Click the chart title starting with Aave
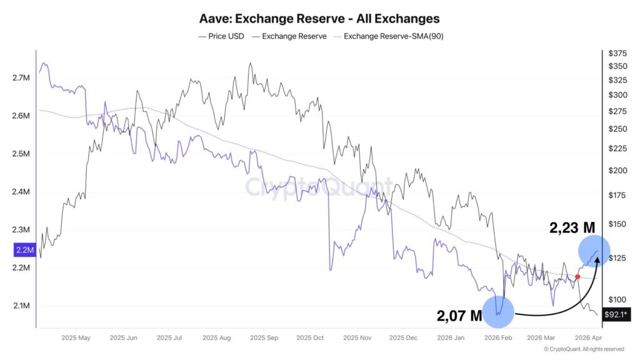point(319,19)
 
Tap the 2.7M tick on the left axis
point(21,78)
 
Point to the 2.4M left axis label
point(21,192)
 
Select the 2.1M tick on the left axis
point(21,306)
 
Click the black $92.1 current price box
point(616,315)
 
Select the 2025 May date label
point(75,338)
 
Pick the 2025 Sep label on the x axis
point(265,338)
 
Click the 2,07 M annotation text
point(459,316)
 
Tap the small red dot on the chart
point(577,276)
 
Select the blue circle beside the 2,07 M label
point(498,311)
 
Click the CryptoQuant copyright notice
point(584,349)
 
